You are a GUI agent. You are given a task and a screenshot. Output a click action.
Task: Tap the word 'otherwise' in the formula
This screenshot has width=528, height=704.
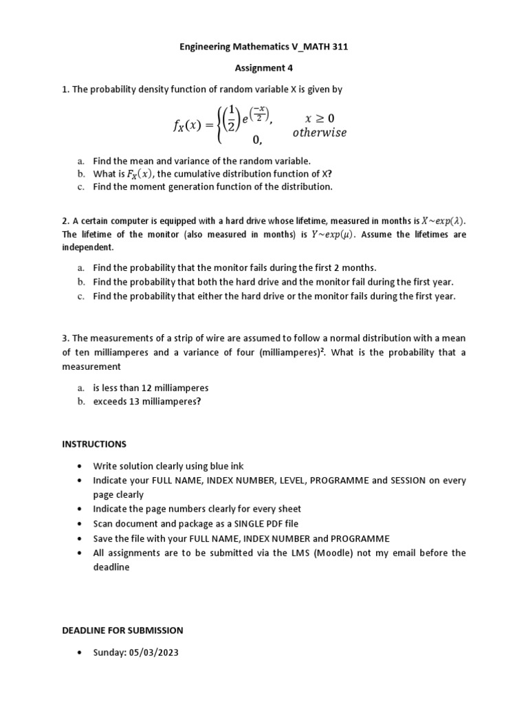coord(319,133)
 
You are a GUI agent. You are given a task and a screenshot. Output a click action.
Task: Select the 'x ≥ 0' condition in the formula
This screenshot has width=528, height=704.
coord(319,118)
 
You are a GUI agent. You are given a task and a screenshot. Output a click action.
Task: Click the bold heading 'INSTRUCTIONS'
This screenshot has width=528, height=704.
coord(94,444)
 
